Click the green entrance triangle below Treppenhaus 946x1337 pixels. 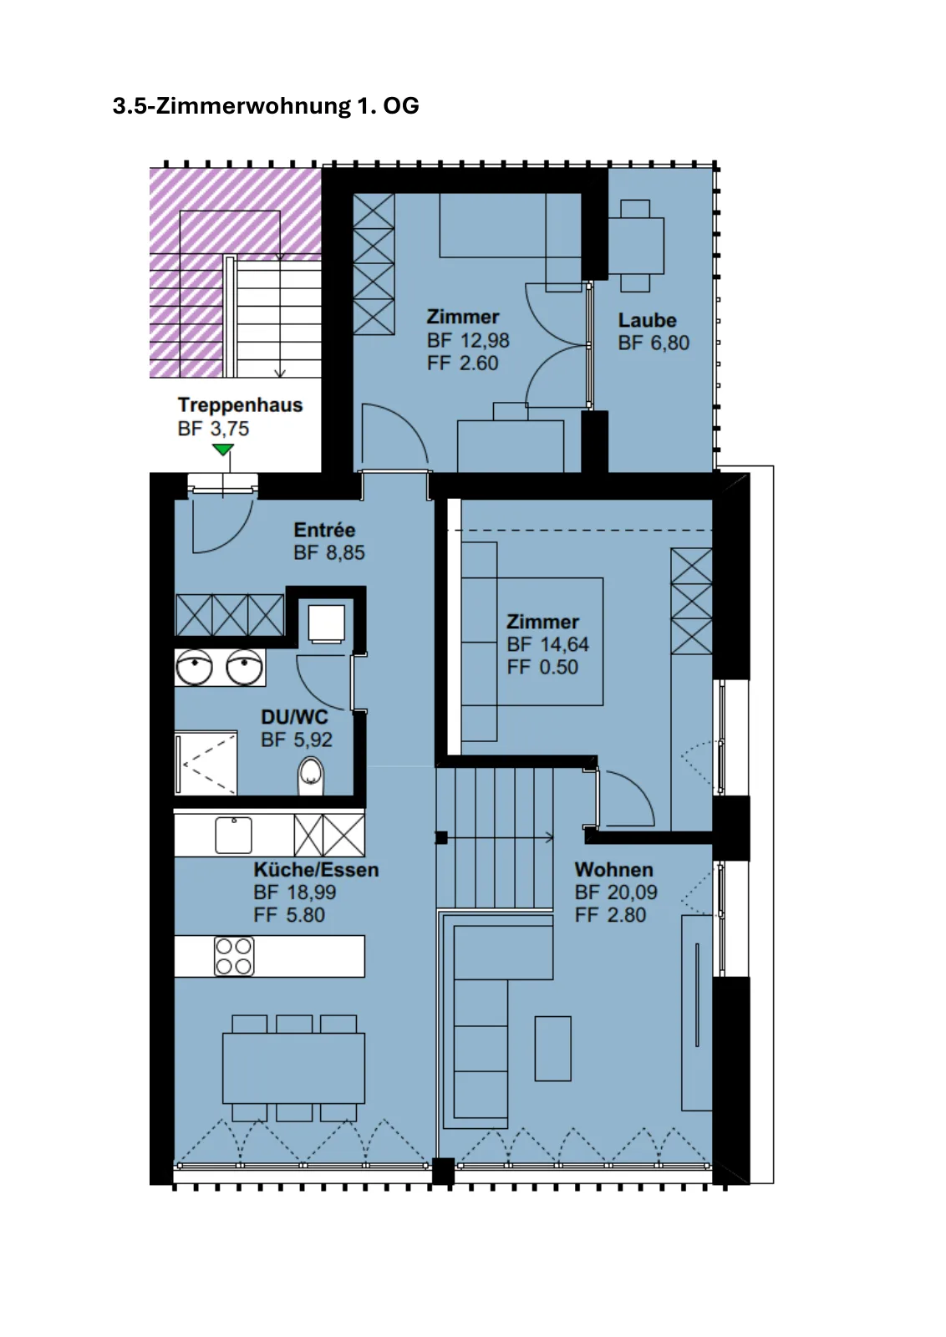point(222,450)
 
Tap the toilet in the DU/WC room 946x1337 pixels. point(310,776)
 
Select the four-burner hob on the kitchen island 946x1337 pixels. point(234,956)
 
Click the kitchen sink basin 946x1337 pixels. point(233,835)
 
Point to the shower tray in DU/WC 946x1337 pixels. point(206,764)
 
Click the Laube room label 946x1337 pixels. point(647,321)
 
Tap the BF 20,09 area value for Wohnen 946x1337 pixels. point(616,892)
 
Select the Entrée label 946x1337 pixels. point(324,530)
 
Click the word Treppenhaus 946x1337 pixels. point(240,405)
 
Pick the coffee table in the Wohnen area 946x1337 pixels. point(552,1049)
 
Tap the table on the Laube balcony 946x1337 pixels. point(636,246)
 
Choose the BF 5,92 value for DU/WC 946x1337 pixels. point(296,740)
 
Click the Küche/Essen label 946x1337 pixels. point(316,870)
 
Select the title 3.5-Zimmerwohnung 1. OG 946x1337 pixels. point(266,105)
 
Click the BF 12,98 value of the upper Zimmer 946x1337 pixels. point(468,341)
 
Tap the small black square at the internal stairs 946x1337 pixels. point(441,838)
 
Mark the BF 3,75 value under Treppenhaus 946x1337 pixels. point(213,429)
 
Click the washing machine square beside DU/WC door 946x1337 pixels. point(326,623)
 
